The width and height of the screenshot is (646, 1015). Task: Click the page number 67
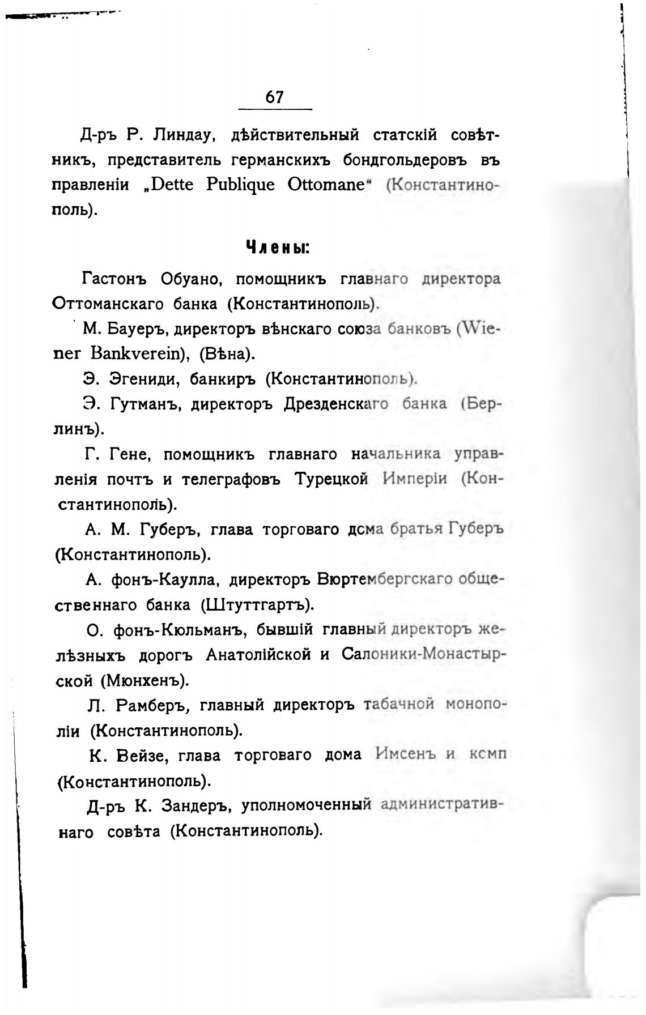coord(274,97)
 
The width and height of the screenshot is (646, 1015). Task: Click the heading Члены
coord(277,248)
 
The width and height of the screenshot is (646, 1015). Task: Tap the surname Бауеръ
coord(137,329)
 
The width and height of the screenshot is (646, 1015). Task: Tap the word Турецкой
coord(332,479)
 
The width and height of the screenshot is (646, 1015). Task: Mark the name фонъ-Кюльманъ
coord(178,630)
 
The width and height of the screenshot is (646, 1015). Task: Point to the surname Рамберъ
coord(150,705)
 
